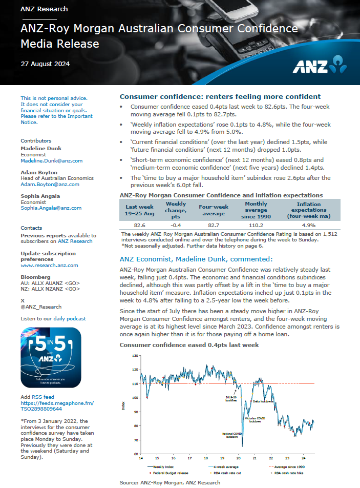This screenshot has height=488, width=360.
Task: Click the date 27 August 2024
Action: pyautogui.click(x=45, y=64)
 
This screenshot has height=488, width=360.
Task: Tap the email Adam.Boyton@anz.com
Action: pyautogui.click(x=47, y=184)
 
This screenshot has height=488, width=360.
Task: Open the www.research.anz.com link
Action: pyautogui.click(x=49, y=265)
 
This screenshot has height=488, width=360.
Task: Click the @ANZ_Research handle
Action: pyautogui.click(x=41, y=307)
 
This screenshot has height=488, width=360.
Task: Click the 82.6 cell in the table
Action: pyautogui.click(x=139, y=225)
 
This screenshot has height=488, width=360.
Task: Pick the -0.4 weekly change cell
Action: pyautogui.click(x=176, y=225)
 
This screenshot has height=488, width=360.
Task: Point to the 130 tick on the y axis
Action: pyautogui.click(x=135, y=355)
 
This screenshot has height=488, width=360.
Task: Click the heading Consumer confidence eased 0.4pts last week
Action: pyautogui.click(x=189, y=345)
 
